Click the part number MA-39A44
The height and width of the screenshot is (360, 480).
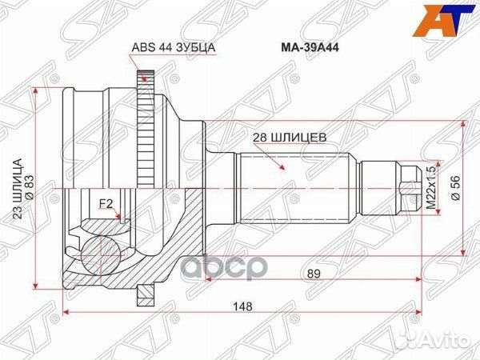310,48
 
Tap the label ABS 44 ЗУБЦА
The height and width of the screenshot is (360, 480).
174,47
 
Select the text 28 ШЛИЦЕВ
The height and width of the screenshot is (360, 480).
290,138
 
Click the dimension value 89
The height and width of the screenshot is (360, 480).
314,274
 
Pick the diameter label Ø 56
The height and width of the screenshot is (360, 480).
456,188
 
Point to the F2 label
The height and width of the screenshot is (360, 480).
106,203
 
